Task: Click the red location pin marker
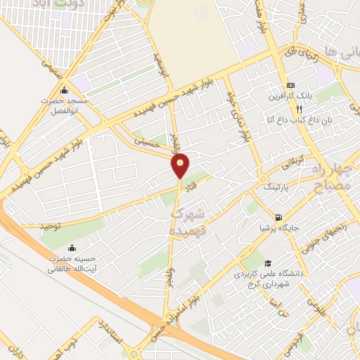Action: tap(181, 165)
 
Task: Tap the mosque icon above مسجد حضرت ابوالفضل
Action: tap(65, 90)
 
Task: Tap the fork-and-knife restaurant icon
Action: tap(299, 109)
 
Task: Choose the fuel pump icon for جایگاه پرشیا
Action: tap(279, 217)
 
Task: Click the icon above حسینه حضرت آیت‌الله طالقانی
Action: tap(72, 248)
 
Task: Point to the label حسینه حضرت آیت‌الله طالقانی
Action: tap(72, 264)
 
